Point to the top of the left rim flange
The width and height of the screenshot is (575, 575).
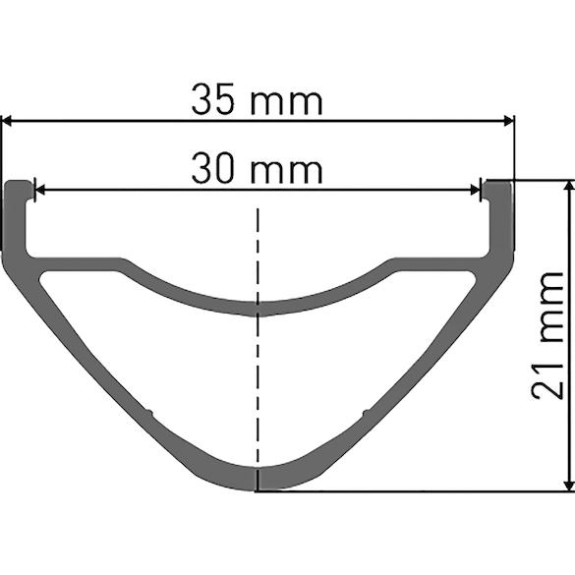19,183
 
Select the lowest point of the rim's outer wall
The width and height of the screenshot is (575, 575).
258,489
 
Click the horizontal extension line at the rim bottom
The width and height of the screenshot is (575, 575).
413,490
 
